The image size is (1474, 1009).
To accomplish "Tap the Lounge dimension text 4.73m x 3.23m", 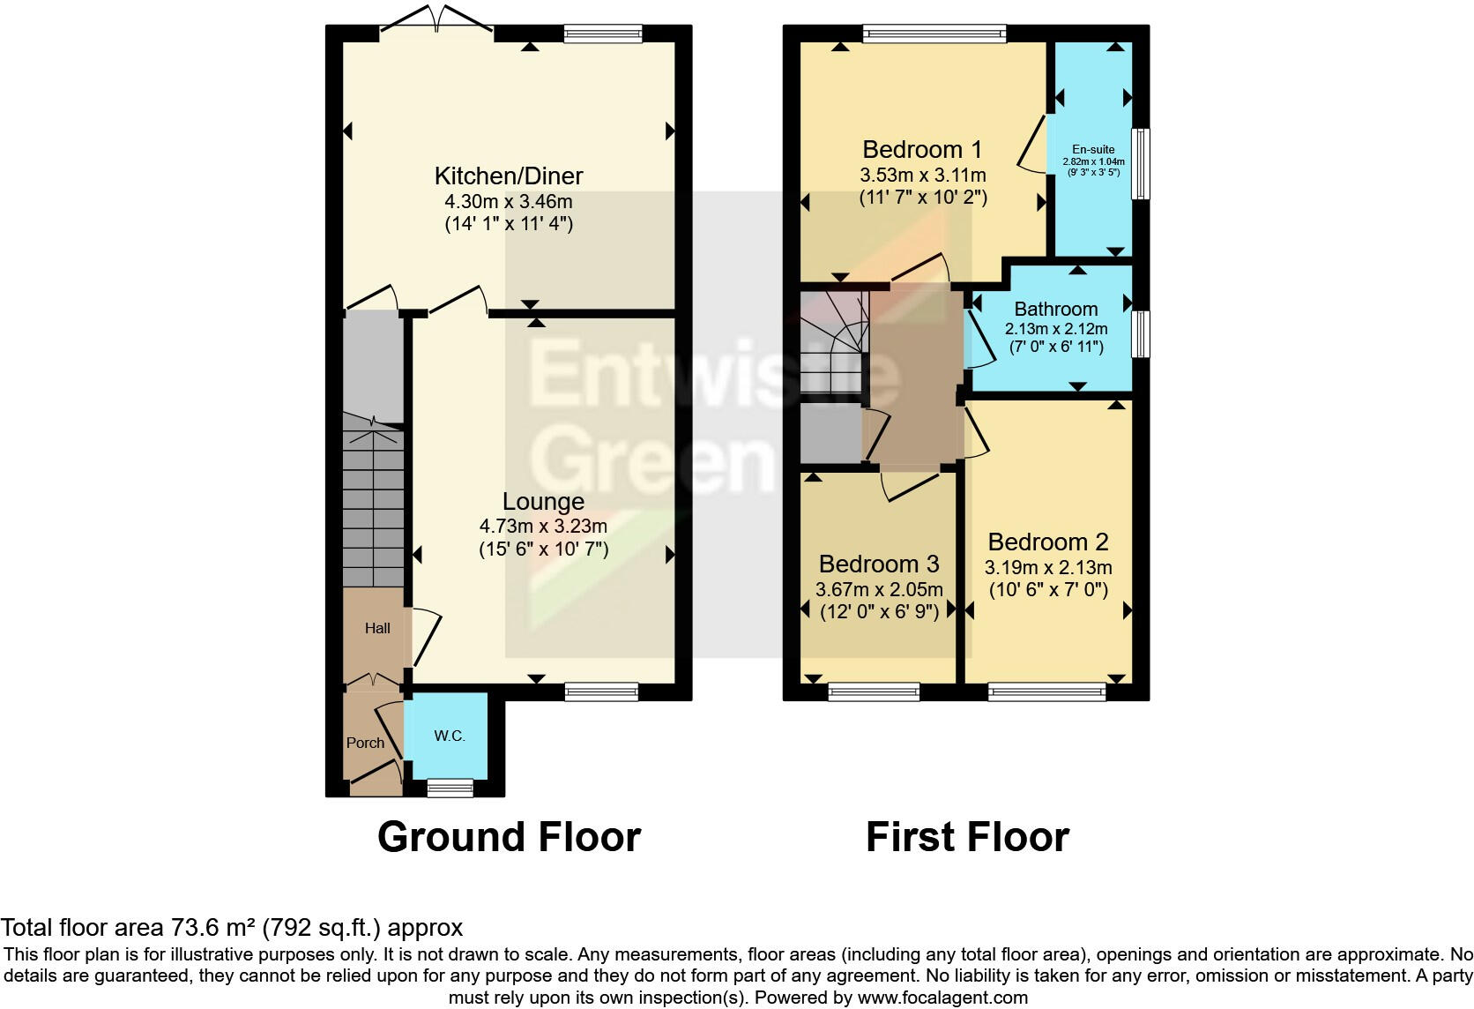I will [543, 527].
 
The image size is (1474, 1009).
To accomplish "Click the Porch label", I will [365, 743].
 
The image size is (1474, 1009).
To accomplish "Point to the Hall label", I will [377, 628].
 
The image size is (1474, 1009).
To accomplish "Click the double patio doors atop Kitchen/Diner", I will [436, 25].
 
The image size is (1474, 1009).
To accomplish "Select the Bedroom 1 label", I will [921, 149].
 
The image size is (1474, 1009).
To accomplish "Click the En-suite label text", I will [1093, 150].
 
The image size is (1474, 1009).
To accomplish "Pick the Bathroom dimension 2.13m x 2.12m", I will [1055, 328].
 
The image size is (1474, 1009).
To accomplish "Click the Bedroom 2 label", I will [1047, 542].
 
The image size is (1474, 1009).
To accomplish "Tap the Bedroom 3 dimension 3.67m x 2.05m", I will [879, 589].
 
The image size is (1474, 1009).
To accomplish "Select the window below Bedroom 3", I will [873, 692].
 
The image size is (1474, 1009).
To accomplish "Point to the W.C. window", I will [450, 788].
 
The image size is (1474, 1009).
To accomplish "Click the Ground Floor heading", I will [509, 836].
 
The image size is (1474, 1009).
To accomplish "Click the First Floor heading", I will [967, 836].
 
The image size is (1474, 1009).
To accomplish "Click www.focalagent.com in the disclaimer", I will [942, 998].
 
